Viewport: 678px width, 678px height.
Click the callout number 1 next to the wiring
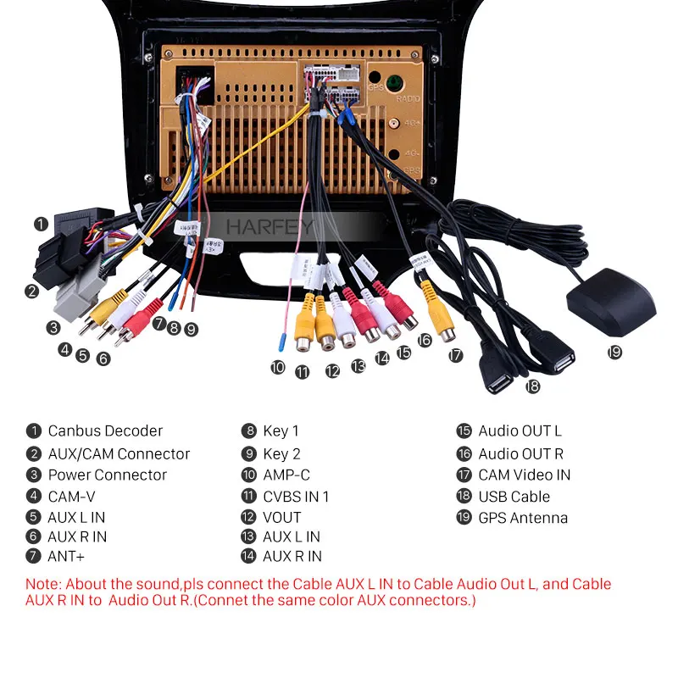[40, 224]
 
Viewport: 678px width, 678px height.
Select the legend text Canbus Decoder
[105, 431]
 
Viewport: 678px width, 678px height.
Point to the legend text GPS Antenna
[523, 518]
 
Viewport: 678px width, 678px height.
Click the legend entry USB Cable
[514, 497]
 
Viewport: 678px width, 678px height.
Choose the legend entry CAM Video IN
[524, 475]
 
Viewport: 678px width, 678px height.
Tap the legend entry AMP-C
[286, 475]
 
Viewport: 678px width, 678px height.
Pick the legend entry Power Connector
[107, 475]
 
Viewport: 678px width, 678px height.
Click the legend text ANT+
[66, 557]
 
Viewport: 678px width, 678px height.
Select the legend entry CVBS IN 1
[296, 497]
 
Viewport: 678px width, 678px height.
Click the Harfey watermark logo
[270, 227]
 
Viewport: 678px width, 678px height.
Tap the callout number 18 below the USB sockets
[532, 386]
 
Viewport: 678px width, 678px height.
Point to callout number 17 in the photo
[457, 356]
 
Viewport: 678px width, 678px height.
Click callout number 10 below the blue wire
[278, 367]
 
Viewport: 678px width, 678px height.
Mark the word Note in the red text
[42, 584]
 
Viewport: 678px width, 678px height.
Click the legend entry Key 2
[281, 453]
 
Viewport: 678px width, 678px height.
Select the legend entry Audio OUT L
[520, 431]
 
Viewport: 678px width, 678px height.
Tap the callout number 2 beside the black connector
[31, 292]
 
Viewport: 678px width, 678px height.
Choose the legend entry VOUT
[282, 517]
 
